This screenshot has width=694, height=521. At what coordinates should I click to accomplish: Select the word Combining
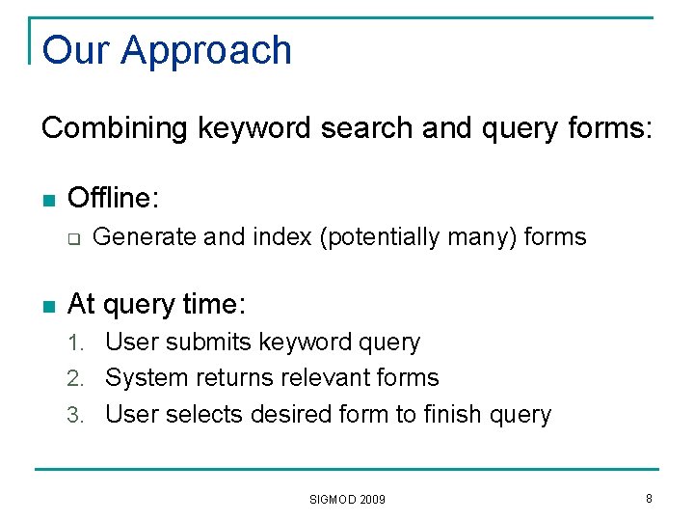[x=116, y=127]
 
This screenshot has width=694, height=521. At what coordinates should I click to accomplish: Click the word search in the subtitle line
[x=366, y=127]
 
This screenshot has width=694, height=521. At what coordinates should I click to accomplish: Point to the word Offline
[x=112, y=198]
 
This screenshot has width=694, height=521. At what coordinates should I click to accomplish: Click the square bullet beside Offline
[x=48, y=200]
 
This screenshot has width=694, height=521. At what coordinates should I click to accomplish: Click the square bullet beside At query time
[x=48, y=307]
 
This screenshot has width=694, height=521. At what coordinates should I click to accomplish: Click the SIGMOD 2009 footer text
[x=347, y=499]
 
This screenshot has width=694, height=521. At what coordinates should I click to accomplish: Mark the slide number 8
[x=649, y=498]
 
